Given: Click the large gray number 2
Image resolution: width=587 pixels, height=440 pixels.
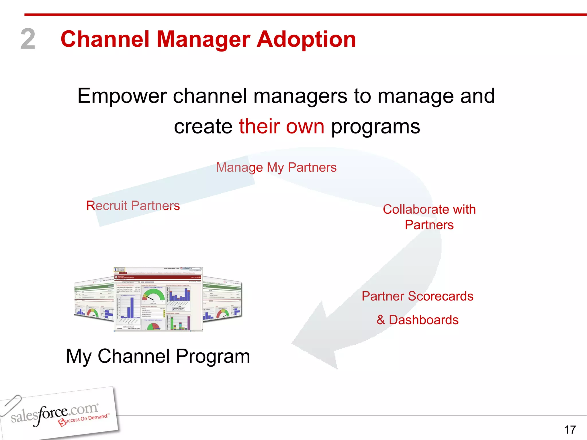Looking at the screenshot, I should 28,39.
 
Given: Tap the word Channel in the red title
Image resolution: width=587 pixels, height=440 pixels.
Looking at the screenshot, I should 105,39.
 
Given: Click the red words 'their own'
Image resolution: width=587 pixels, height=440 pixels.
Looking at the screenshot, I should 281,126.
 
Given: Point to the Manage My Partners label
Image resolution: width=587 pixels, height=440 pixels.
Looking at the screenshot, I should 276,167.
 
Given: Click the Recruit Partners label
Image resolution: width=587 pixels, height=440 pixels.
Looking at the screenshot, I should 133,206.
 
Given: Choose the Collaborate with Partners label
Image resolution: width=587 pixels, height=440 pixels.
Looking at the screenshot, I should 429,217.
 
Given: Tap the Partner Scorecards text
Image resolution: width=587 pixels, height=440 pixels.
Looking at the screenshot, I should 417,296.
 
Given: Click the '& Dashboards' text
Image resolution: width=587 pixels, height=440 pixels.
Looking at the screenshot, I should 417,320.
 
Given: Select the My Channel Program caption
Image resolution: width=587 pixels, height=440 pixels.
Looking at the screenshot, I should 158,356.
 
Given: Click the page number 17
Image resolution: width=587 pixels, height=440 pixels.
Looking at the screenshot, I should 570,430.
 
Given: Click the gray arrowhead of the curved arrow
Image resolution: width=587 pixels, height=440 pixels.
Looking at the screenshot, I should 315,338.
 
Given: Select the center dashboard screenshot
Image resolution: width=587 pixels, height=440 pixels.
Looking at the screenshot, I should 158,299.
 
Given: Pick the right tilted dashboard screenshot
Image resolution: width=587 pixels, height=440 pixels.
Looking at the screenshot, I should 222,299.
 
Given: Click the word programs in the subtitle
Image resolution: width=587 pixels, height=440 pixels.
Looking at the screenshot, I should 375,126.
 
